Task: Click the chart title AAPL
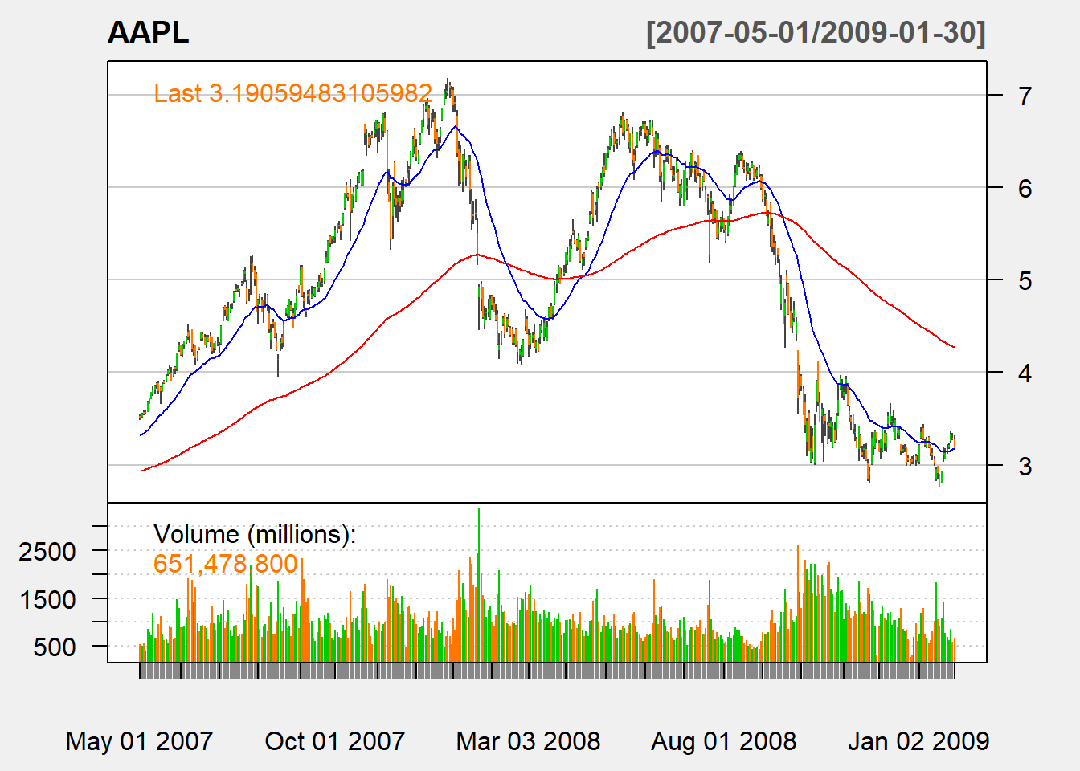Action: (x=149, y=32)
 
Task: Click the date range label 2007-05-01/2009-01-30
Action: (x=816, y=32)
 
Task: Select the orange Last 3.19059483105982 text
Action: (x=293, y=93)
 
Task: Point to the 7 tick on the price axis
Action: (x=1025, y=96)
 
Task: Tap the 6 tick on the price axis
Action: (x=1025, y=189)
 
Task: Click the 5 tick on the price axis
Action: (x=1025, y=281)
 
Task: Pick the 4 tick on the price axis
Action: (x=1025, y=373)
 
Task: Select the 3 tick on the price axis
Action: (x=1025, y=466)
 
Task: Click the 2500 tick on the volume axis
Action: (x=47, y=552)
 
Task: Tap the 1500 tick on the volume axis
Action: (x=47, y=599)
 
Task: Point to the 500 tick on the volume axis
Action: (x=55, y=647)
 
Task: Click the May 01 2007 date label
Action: (x=139, y=740)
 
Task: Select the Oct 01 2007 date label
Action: (x=335, y=740)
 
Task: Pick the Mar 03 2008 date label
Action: (x=528, y=740)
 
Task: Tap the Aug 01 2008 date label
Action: (x=723, y=740)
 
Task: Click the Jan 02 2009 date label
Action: (x=918, y=740)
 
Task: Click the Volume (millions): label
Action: (x=255, y=534)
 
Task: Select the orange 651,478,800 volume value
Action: (x=226, y=564)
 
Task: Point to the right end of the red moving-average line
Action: (x=954, y=347)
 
